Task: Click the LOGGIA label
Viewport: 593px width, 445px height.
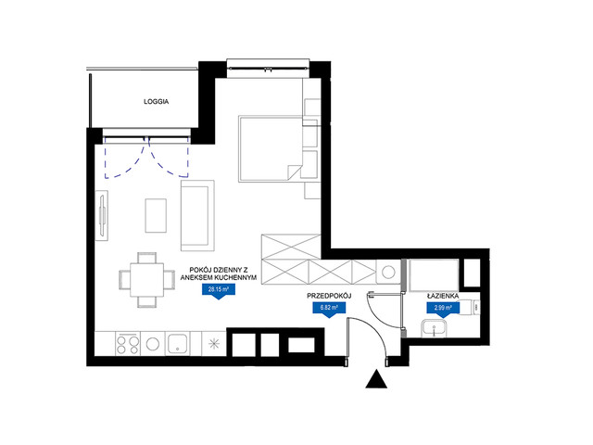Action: [157, 101]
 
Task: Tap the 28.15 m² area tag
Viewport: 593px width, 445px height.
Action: [219, 292]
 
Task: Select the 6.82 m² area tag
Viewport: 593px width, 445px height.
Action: [329, 310]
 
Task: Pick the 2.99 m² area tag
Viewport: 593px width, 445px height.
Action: [443, 310]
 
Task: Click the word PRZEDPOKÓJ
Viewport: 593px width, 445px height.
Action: [330, 296]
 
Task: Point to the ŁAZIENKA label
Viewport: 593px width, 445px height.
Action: [443, 296]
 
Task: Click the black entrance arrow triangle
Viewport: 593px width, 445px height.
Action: [376, 379]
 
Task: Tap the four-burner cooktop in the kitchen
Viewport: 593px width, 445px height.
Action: [128, 344]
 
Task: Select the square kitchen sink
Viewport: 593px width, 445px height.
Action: [177, 344]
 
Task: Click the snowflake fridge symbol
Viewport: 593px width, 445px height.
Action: [214, 344]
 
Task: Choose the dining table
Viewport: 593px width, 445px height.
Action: [146, 280]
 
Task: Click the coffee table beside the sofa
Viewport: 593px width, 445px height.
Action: [156, 216]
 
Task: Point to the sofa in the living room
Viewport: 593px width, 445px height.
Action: [197, 216]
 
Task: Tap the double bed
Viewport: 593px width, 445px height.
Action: [271, 148]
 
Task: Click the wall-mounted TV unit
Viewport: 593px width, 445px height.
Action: [102, 216]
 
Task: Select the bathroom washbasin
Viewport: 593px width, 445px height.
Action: [435, 328]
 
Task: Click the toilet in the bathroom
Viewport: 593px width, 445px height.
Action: [471, 307]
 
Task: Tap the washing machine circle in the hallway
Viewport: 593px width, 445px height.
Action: [388, 272]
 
